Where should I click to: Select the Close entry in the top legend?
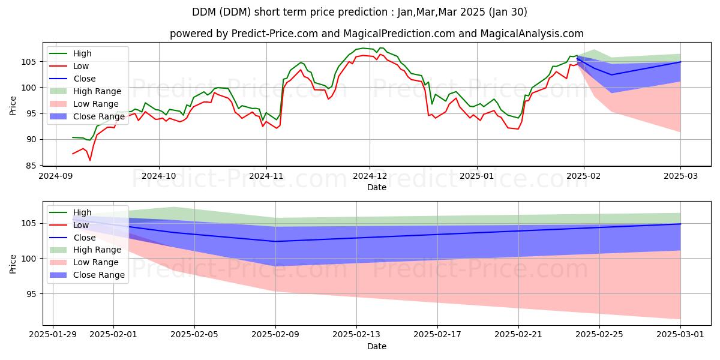pos(85,79)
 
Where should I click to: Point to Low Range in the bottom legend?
pos(97,262)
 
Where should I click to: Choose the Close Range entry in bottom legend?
pos(98,275)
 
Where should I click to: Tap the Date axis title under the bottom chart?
pos(376,346)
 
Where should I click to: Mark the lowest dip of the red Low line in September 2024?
pos(90,160)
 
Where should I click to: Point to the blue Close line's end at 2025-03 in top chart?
pos(680,62)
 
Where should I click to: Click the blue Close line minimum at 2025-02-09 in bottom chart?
pos(275,241)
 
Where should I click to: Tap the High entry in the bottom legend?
pos(82,212)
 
